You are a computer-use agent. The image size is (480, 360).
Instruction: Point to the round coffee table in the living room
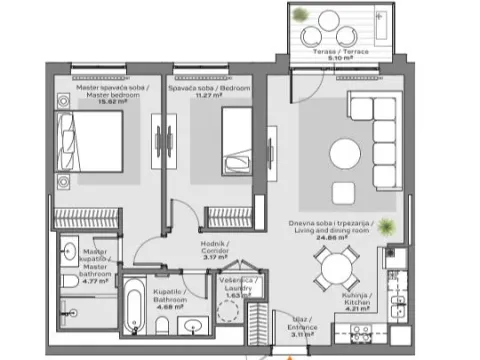(347, 153)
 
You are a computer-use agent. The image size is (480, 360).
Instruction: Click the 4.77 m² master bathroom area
(97, 267)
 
